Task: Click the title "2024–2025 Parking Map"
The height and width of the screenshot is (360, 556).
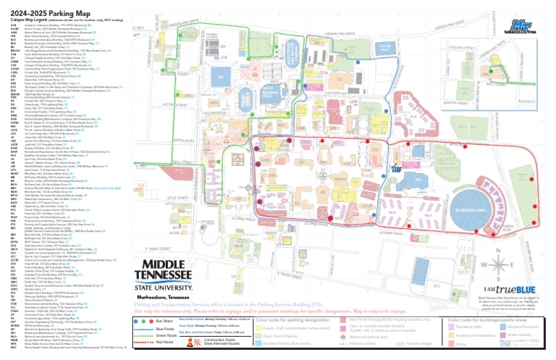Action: tap(45, 9)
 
